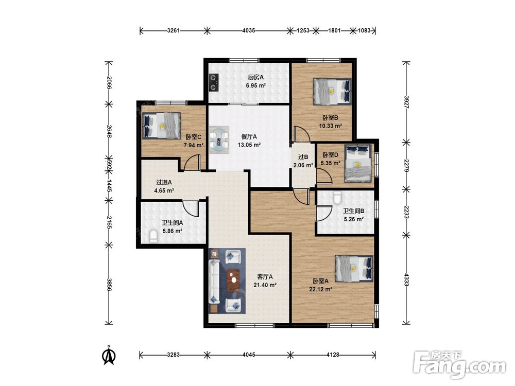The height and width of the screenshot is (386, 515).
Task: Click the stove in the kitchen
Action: click(x=214, y=82)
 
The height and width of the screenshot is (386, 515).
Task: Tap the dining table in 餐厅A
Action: click(x=219, y=140)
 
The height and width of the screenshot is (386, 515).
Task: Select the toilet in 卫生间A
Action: click(x=153, y=236)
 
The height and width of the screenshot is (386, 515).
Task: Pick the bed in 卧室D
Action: click(x=358, y=164)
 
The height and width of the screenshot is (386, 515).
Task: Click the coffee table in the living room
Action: click(x=233, y=279)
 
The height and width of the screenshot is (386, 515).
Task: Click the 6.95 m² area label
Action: click(x=256, y=85)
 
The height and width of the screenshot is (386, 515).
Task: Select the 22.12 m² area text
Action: click(x=320, y=289)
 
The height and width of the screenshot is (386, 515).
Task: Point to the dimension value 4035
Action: click(x=249, y=30)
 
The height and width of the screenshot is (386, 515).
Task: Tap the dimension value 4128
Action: click(x=332, y=355)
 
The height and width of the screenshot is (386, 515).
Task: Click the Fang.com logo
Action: click(x=459, y=364)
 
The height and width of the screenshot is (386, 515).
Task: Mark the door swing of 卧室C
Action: click(x=192, y=163)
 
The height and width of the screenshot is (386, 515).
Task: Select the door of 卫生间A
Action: click(x=191, y=208)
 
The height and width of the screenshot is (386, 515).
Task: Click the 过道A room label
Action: click(x=164, y=183)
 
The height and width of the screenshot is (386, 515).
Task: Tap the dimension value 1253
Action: click(x=303, y=30)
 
